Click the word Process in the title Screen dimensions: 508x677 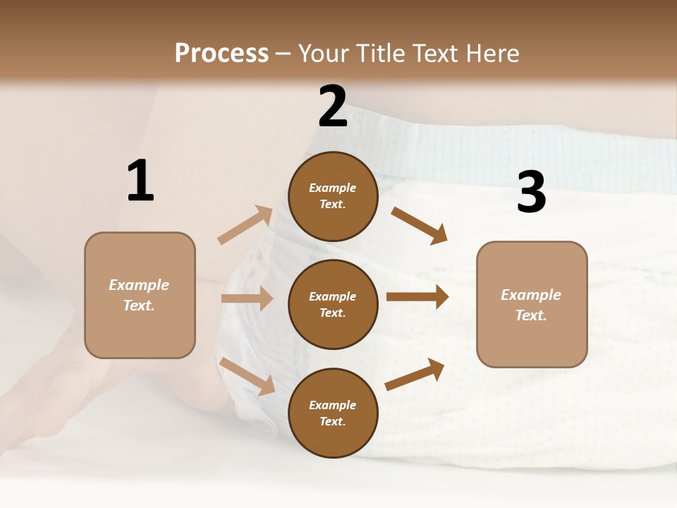coord(221,54)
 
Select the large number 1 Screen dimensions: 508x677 coord(140,181)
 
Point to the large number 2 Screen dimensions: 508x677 coord(333,107)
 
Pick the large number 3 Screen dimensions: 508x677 coord(531,193)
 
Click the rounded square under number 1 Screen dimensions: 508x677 coord(140,295)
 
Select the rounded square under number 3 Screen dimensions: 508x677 coord(532,304)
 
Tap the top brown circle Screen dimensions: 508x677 coord(333,196)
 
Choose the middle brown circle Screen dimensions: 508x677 coord(333,304)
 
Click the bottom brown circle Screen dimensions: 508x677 coord(333,413)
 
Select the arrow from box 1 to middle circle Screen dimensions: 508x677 coord(247,298)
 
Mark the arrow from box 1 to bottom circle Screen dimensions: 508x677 coord(247,376)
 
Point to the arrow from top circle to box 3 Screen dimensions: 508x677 coord(420,226)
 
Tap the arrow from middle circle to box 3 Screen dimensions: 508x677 coord(417,297)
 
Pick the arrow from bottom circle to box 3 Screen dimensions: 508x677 coord(415,375)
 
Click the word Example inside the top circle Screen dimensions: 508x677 coord(333,188)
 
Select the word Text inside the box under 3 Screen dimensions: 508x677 coord(530,315)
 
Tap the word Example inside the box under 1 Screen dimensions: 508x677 coord(139,285)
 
